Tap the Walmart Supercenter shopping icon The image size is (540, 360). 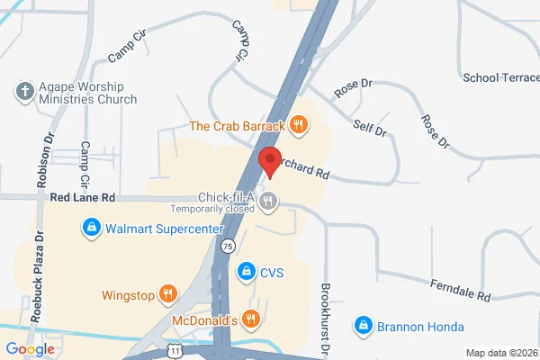pyautogui.click(x=91, y=229)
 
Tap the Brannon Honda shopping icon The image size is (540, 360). pyautogui.click(x=363, y=325)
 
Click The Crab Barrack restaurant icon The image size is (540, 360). pyautogui.click(x=301, y=125)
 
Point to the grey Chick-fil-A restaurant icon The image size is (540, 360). pyautogui.click(x=268, y=201)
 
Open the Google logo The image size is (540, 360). pyautogui.click(x=30, y=349)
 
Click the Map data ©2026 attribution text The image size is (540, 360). pyautogui.click(x=500, y=352)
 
